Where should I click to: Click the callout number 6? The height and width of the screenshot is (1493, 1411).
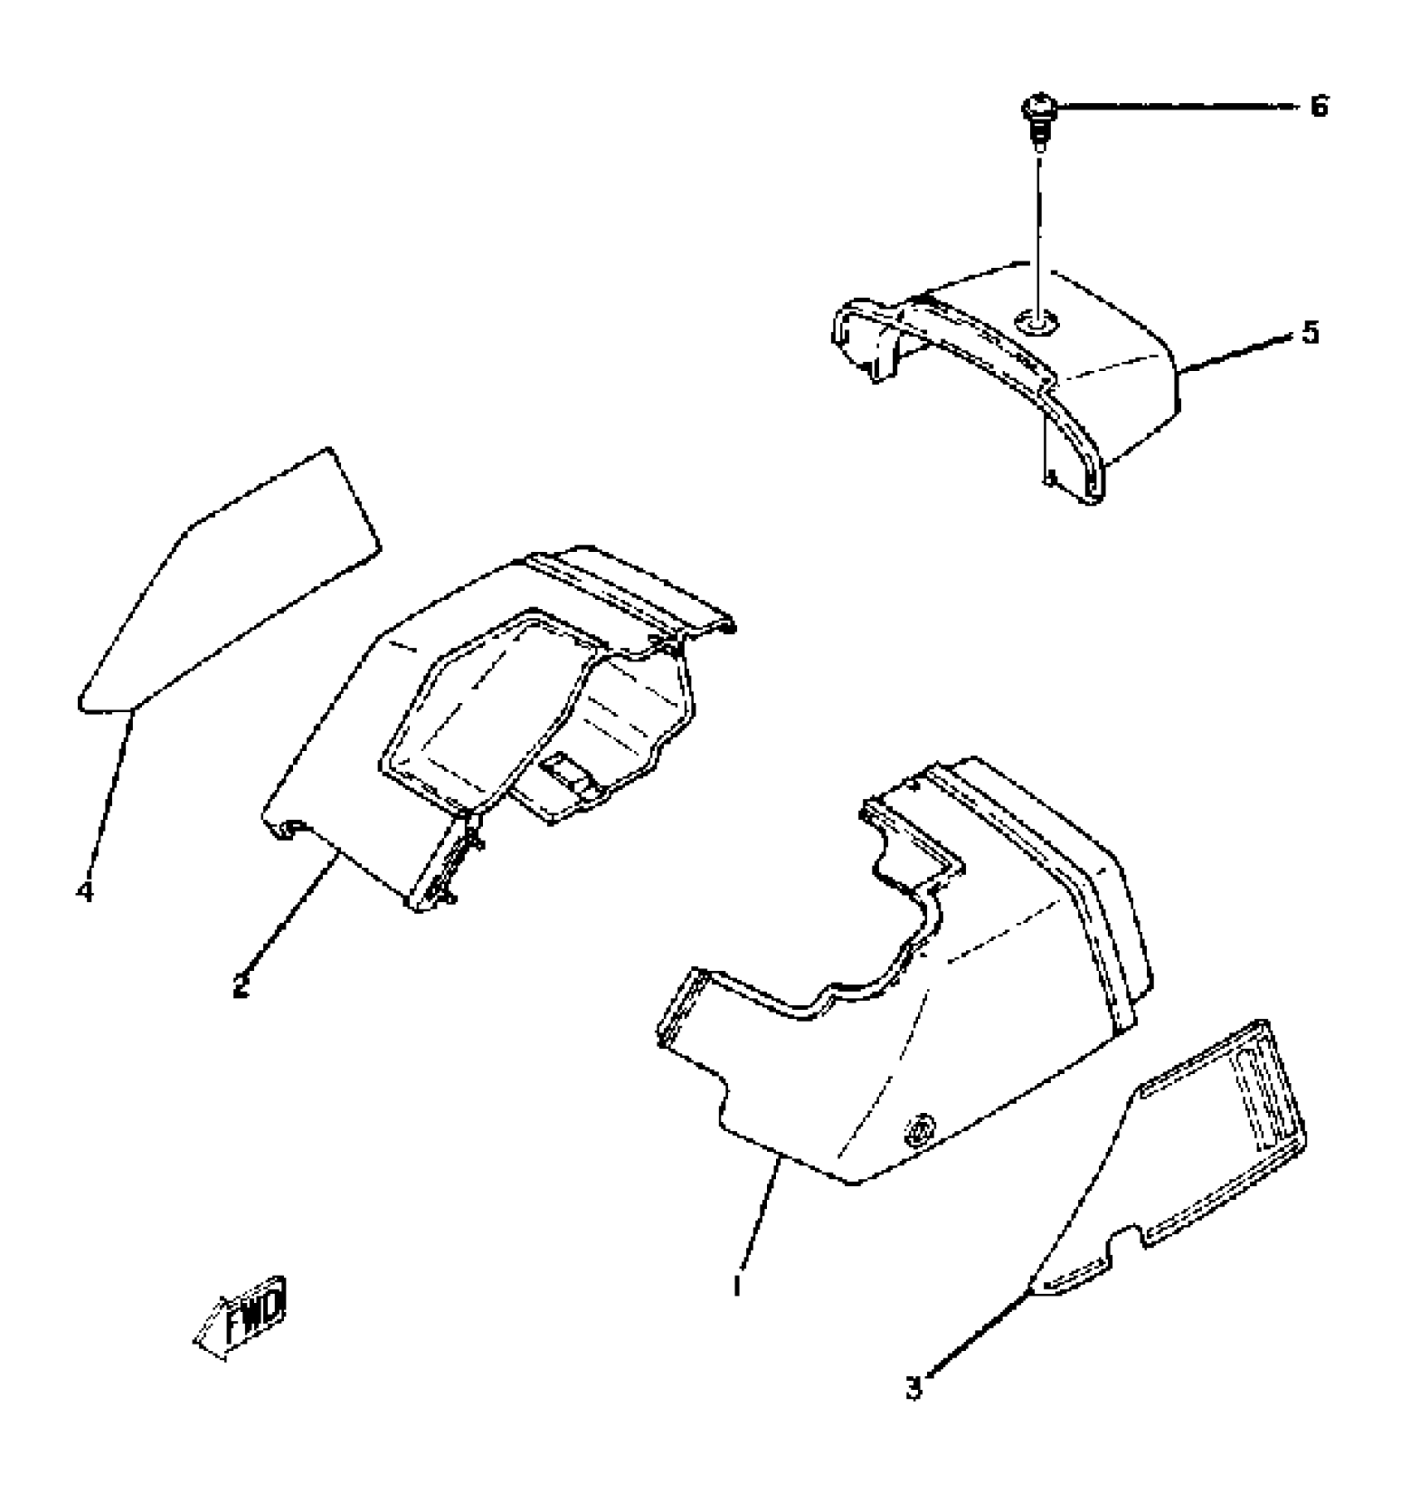tap(1319, 107)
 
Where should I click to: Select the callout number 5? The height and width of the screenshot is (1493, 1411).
tap(1309, 334)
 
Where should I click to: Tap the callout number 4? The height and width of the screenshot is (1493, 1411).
tap(84, 892)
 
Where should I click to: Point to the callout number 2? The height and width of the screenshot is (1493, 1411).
tap(241, 986)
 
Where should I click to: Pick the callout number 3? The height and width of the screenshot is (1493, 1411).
tap(913, 1387)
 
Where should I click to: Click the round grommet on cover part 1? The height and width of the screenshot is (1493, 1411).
tap(920, 1130)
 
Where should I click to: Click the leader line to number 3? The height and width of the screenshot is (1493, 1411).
tap(979, 1336)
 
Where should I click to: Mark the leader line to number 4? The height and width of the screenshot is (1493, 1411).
tap(108, 797)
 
